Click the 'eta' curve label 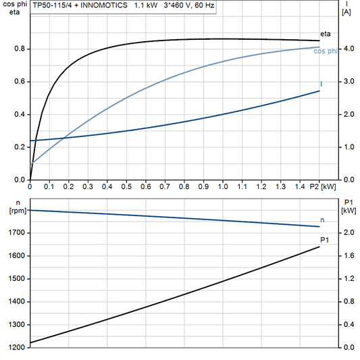tap(325, 34)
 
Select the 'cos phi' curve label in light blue tap(327, 52)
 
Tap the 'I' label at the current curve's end tap(321, 84)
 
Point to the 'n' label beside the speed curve tap(322, 220)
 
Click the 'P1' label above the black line tap(324, 240)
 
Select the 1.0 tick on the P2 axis tap(223, 186)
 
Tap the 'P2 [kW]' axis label tap(322, 186)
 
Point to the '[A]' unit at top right tap(346, 12)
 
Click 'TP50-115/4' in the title tap(53, 5)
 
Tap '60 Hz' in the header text tap(204, 5)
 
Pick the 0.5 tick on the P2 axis tap(126, 186)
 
